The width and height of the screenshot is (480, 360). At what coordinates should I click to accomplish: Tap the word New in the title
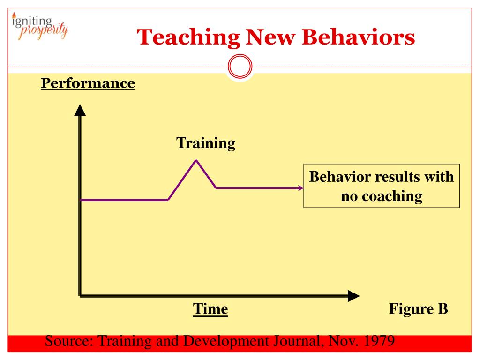[270, 37]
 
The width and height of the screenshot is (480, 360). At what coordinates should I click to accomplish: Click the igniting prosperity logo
[40, 26]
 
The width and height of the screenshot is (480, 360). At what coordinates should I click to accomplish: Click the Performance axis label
[88, 83]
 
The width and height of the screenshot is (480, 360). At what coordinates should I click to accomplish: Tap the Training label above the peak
[206, 143]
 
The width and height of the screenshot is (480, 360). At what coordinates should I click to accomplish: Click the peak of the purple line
[196, 160]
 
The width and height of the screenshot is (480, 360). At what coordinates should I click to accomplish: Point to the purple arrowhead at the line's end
[301, 188]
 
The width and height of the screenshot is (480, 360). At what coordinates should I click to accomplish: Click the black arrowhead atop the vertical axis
[80, 110]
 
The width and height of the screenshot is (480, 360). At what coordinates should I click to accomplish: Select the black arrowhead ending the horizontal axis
[354, 296]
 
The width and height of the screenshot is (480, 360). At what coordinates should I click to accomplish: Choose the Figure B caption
[419, 308]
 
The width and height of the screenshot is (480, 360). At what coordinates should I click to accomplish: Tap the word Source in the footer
[69, 341]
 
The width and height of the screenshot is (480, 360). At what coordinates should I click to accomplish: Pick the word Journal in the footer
[298, 341]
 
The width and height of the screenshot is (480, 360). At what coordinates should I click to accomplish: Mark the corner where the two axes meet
[80, 296]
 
